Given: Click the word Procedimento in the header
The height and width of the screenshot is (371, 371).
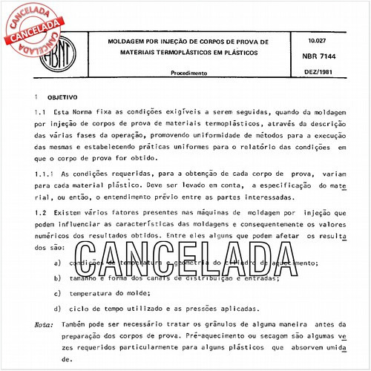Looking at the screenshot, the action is (189, 74).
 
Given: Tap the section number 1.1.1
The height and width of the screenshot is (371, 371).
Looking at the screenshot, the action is (46, 174).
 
